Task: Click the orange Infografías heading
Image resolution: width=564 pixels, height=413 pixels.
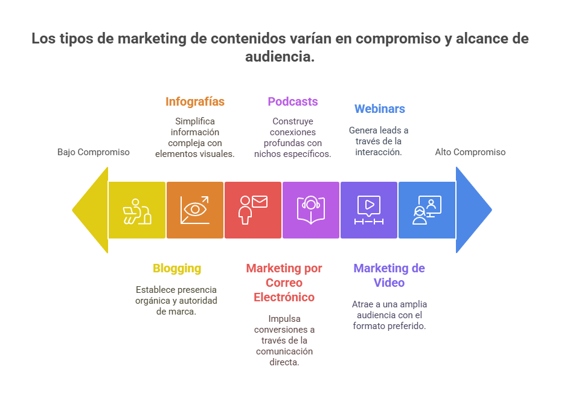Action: pyautogui.click(x=195, y=101)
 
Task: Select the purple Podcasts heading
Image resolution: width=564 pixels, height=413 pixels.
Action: pyautogui.click(x=293, y=101)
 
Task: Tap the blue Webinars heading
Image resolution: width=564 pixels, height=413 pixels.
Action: pyautogui.click(x=379, y=109)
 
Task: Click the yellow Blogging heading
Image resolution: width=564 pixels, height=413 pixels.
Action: pyautogui.click(x=177, y=268)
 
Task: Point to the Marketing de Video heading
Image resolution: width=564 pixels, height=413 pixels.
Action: pyautogui.click(x=389, y=275)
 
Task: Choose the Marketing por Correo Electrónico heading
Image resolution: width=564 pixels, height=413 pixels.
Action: pyautogui.click(x=284, y=283)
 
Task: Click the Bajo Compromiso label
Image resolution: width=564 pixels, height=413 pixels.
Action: pyautogui.click(x=94, y=152)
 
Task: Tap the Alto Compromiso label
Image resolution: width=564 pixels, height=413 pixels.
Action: pyautogui.click(x=470, y=152)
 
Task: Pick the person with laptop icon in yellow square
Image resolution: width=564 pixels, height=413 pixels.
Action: pyautogui.click(x=137, y=210)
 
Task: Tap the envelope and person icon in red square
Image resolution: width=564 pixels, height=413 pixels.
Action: pyautogui.click(x=252, y=209)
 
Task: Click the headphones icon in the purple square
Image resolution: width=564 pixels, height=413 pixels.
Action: pyautogui.click(x=311, y=209)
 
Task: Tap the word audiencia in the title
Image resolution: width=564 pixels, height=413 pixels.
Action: pyautogui.click(x=280, y=57)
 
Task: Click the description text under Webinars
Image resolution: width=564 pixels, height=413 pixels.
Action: pyautogui.click(x=379, y=141)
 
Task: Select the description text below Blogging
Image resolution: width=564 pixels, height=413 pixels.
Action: pyautogui.click(x=176, y=301)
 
